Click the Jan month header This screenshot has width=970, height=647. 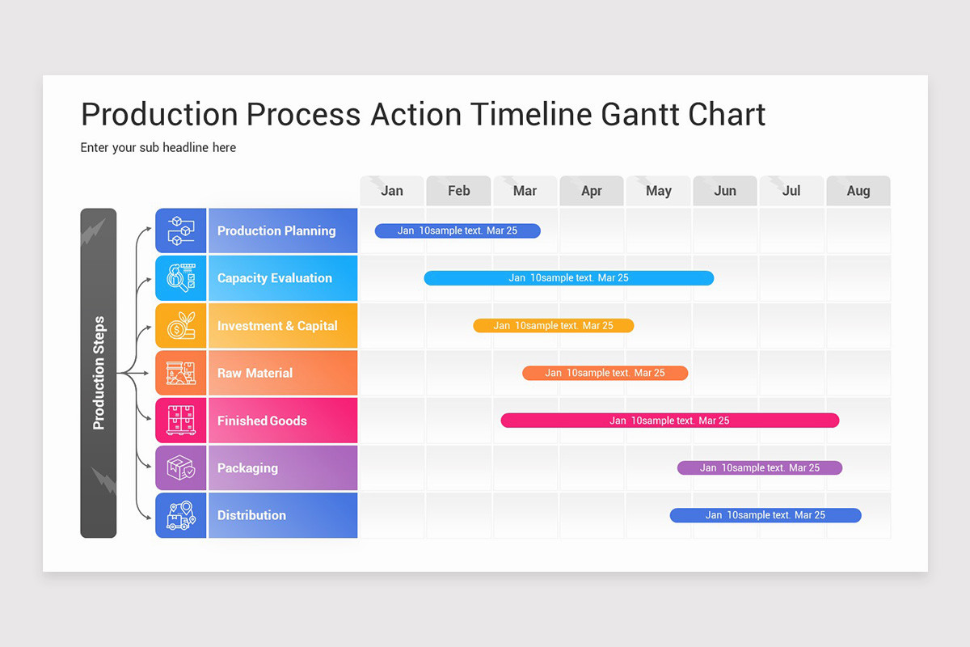[x=392, y=191]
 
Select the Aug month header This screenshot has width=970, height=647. [x=858, y=191]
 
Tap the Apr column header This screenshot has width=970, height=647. [x=592, y=191]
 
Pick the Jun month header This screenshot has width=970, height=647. [x=725, y=191]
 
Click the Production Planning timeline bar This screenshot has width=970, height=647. [x=458, y=230]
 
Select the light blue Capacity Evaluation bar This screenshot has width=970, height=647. [x=569, y=278]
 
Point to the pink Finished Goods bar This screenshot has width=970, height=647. [x=670, y=421]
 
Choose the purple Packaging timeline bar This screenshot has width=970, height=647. [x=760, y=467]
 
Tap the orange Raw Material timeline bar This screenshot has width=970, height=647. [x=605, y=373]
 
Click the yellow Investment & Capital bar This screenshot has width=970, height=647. [x=554, y=325]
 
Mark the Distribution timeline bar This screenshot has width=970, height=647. [x=765, y=515]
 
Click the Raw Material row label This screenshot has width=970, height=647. [x=255, y=373]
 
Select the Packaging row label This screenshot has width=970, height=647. [x=247, y=467]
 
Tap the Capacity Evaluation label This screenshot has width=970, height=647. [x=275, y=278]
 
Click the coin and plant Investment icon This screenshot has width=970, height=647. [x=181, y=325]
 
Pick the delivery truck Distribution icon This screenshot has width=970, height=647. [x=181, y=515]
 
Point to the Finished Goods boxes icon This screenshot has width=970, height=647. [x=181, y=421]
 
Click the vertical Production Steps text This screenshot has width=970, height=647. [x=99, y=373]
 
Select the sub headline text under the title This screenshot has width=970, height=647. [x=158, y=147]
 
